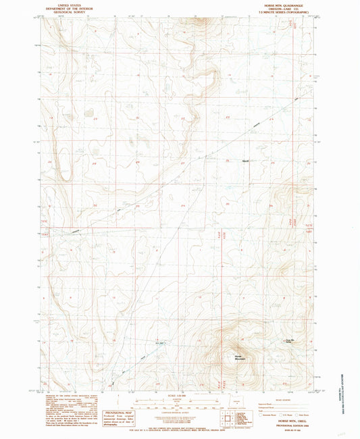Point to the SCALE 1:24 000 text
(x=180, y=396)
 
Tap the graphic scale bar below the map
(x=180, y=403)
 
